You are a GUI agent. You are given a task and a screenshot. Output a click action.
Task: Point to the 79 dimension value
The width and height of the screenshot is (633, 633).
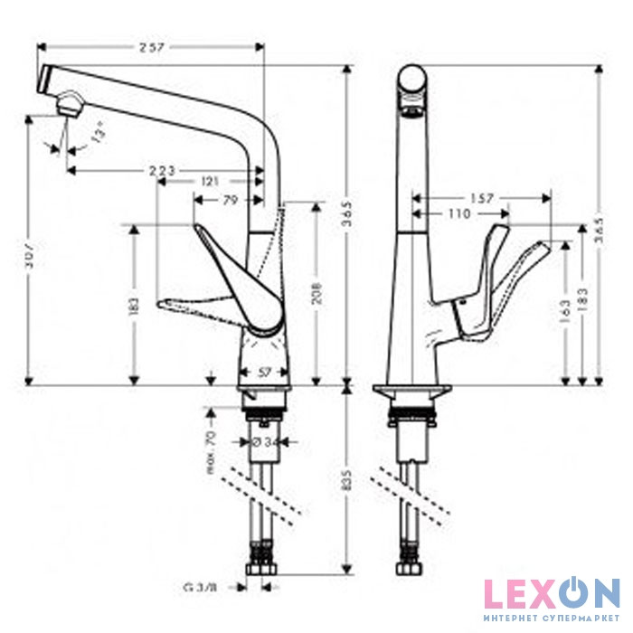(230, 199)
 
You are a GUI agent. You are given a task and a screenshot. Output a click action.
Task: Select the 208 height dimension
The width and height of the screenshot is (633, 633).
(316, 291)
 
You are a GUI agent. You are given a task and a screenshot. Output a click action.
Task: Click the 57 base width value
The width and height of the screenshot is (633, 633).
(265, 372)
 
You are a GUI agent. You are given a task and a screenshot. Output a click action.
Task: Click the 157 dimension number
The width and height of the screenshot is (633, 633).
(481, 197)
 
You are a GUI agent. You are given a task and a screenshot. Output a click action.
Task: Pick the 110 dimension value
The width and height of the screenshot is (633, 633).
(458, 213)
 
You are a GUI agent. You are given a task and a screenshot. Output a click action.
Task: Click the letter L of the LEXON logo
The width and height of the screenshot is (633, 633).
(494, 595)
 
